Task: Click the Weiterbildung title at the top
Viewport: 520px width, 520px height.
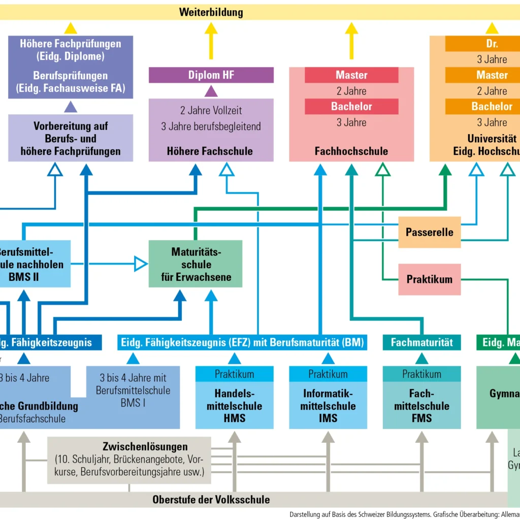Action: coord(211,12)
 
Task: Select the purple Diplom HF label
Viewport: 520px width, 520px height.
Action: coord(211,75)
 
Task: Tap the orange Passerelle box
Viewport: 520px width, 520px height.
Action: coord(429,233)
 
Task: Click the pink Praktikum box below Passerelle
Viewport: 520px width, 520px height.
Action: coord(429,279)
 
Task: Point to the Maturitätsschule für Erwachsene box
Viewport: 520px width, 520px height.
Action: coord(195,264)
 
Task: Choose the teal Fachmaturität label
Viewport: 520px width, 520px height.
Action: coord(421,342)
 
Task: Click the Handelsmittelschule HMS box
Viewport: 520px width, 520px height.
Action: coord(234,405)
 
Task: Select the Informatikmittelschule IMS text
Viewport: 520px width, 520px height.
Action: coord(328,405)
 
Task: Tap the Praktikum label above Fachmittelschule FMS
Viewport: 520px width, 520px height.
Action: coord(421,374)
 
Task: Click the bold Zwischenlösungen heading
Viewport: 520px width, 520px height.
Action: coord(145,447)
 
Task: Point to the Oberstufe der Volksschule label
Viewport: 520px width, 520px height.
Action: coord(211,500)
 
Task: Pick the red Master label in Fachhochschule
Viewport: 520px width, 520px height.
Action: coord(351,75)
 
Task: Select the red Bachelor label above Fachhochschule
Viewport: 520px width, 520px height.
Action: coord(351,107)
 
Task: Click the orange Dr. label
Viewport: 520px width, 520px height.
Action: coord(492,44)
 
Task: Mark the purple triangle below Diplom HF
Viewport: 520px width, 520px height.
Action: coord(211,91)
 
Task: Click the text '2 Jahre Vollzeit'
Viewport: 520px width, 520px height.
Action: coord(211,110)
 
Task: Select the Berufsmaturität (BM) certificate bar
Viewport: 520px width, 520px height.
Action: coord(242,342)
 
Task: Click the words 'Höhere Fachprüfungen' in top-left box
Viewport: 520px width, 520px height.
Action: coord(71,44)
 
